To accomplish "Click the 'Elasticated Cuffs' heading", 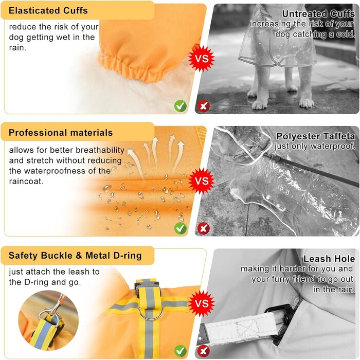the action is (x=48, y=11).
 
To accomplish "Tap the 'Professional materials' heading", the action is (x=61, y=133).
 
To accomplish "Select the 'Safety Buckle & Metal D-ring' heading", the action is (x=75, y=256).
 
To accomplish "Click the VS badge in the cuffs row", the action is (x=202, y=58).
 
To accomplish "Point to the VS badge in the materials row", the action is (x=202, y=181).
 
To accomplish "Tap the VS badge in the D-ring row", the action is (x=202, y=303).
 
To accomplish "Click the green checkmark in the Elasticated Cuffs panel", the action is (x=181, y=106).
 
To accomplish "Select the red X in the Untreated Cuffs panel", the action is (x=204, y=106).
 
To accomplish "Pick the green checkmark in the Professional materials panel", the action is (x=181, y=228).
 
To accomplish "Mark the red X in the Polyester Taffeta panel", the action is (x=204, y=228).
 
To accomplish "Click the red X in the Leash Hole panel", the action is (x=204, y=351).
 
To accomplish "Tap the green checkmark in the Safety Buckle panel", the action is (x=181, y=351).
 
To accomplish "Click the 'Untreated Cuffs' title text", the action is (x=318, y=14).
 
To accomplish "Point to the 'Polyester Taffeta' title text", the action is (x=316, y=136).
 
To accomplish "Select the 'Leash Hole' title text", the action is (x=329, y=259).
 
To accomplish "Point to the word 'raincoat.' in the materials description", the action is (x=26, y=182).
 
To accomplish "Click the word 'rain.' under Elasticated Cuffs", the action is (x=17, y=47).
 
